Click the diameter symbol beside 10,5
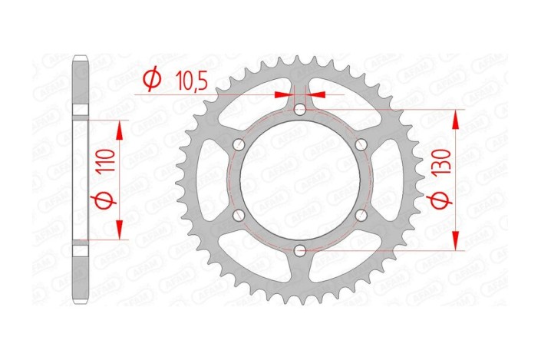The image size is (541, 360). (x=151, y=79)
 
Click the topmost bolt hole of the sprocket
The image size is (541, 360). (x=300, y=111)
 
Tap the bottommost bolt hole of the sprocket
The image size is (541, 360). (x=300, y=250)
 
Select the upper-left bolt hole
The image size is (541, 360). (x=239, y=145)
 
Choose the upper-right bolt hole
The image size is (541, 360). (x=361, y=145)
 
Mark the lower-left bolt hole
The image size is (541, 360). (x=239, y=215)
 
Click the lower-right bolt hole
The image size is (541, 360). (x=361, y=215)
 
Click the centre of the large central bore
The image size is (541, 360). (x=300, y=180)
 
